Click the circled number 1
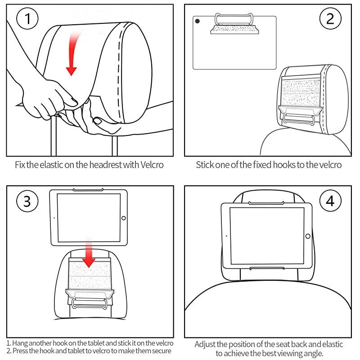[27, 19]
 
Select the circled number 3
[27, 201]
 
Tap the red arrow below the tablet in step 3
[89, 254]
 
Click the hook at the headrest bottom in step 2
[300, 117]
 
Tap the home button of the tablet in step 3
[124, 217]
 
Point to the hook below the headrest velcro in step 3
[90, 300]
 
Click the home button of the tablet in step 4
[307, 236]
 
